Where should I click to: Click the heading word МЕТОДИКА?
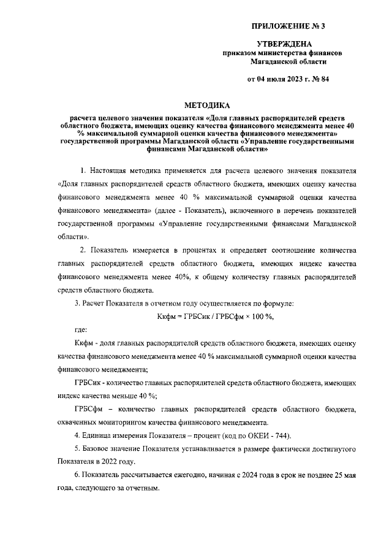click(x=208, y=105)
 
